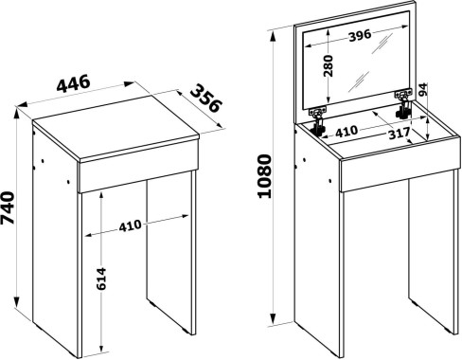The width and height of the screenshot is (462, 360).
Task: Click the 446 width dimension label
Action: click(74, 83)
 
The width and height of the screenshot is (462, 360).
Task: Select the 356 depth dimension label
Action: click(206, 98)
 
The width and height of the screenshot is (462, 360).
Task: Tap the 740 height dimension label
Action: click(8, 207)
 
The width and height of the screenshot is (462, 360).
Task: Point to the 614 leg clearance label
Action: click(101, 279)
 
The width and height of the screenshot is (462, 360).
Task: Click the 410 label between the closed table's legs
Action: click(130, 225)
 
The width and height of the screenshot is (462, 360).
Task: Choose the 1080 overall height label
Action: click(264, 176)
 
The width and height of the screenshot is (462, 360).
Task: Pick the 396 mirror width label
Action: click(360, 34)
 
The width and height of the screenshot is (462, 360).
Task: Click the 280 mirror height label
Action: click(329, 66)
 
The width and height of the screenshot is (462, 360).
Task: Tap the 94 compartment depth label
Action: click(423, 89)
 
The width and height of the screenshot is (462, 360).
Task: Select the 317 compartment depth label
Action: click(399, 134)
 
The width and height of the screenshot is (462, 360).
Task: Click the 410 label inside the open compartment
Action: click(346, 132)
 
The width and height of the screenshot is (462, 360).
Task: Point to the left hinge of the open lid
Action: click(318, 121)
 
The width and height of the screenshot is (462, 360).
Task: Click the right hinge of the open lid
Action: click(403, 104)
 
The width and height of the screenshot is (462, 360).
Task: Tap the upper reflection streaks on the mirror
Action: click(382, 44)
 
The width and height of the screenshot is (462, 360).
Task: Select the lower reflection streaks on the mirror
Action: click(359, 81)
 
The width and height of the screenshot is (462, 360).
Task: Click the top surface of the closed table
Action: click(115, 127)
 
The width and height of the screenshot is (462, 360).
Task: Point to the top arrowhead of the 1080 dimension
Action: click(274, 35)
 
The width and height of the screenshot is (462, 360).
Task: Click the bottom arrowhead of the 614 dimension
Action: click(101, 347)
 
